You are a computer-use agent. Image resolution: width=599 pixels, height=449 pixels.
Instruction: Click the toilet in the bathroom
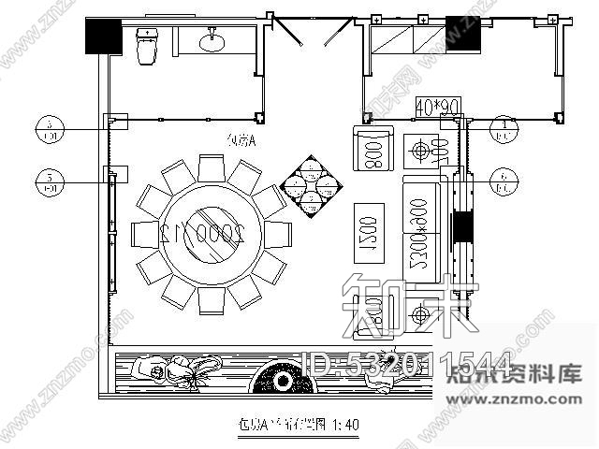tap(147, 47)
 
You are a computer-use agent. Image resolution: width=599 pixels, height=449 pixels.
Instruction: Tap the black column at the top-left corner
tap(102, 36)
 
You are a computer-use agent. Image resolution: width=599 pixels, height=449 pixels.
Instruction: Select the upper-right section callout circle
tap(505, 127)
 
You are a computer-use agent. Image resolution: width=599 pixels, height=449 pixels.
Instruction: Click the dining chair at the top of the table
tap(211, 170)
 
